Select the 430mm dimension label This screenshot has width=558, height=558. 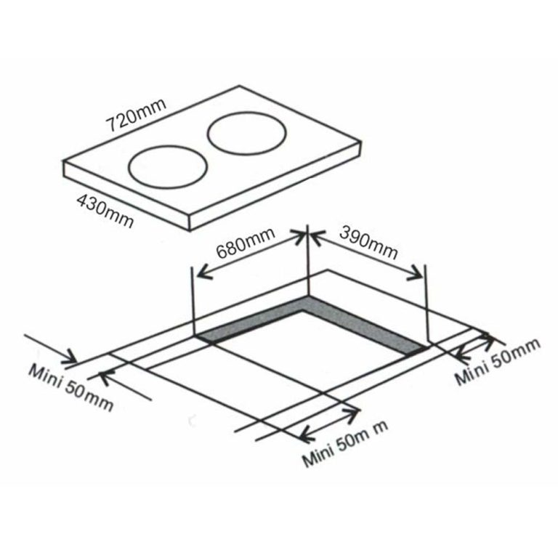point(104,211)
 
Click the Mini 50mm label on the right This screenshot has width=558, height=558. point(498,363)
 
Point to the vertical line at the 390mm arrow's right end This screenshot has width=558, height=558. point(426,305)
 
